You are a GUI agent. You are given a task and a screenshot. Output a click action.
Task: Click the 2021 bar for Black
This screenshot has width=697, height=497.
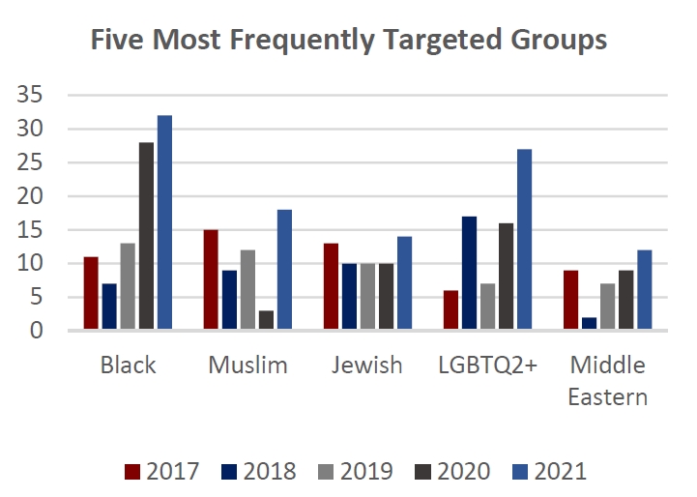pos(164,223)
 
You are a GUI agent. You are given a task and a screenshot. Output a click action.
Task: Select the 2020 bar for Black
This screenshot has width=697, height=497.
pos(146,237)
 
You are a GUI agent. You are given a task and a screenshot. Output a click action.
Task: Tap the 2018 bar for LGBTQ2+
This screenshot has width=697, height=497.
pos(469,274)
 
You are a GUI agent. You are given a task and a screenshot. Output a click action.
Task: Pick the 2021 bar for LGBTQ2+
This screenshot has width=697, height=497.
pos(524,240)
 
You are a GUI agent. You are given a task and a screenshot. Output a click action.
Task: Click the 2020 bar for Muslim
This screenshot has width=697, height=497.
pos(266,321)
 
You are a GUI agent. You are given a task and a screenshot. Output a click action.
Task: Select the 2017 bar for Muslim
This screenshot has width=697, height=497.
pos(211,280)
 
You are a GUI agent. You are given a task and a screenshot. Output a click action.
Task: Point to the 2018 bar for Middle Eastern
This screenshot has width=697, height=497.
pos(589,324)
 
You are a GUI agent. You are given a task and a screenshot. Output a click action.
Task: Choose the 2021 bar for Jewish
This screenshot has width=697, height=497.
pos(404,283)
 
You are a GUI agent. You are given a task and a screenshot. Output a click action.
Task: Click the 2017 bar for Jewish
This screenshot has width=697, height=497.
pos(331,287)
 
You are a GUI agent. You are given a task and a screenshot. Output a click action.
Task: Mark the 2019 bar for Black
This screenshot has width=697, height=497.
pos(128,287)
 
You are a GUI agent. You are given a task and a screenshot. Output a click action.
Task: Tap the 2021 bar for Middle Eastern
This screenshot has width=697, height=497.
pos(644,290)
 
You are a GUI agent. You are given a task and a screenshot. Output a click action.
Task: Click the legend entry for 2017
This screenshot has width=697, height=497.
pos(162,472)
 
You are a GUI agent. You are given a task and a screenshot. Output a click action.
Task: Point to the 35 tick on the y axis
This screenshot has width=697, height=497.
pos(29,95)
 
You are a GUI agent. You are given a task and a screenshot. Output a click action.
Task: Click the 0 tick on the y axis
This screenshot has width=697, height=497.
pos(36,331)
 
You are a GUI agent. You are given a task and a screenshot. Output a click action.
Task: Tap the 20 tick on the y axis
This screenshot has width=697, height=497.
pos(29,196)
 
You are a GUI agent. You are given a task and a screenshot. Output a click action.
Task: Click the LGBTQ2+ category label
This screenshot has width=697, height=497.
pos(487,365)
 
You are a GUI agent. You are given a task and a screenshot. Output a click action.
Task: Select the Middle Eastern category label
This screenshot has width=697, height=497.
pos(607,381)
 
